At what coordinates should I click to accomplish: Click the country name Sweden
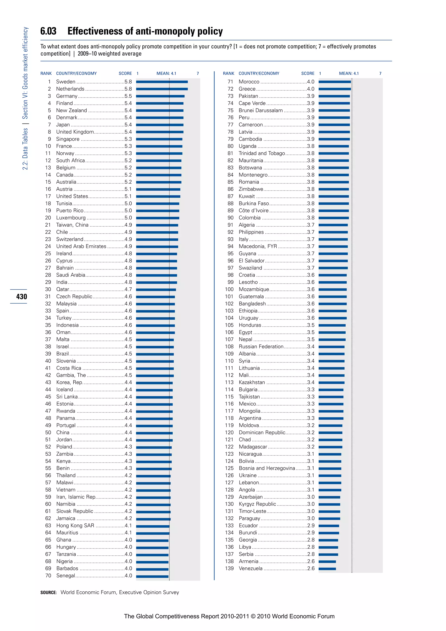[66, 82]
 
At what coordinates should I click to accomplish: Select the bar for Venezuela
[327, 569]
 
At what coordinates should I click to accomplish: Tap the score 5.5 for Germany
[128, 96]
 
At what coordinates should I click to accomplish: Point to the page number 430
[21, 297]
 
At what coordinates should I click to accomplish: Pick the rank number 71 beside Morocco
[230, 82]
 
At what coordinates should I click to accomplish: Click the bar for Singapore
[159, 139]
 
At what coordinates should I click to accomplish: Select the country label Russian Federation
[261, 347]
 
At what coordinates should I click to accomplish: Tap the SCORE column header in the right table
[307, 73]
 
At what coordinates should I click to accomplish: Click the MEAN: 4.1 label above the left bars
[166, 73]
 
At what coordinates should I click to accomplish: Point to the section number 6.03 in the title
[48, 31]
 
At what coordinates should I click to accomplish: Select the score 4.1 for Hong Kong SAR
[128, 526]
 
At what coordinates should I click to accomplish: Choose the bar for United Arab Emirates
[157, 246]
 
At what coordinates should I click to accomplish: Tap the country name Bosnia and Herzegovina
[267, 468]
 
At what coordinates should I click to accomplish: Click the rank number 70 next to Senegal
[48, 575]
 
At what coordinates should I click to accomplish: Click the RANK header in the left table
[46, 73]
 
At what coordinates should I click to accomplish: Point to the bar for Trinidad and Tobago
[333, 153]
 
